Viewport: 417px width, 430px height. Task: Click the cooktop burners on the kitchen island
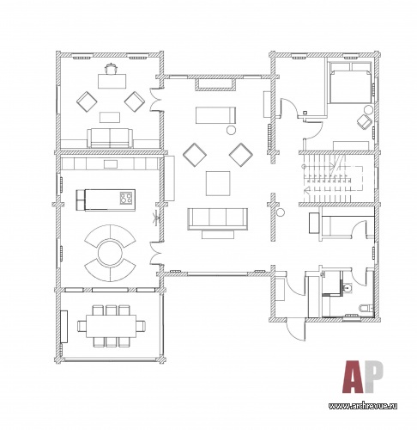click(x=126, y=198)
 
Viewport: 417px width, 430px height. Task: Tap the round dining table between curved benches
click(x=110, y=253)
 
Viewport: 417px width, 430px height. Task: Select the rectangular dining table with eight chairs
click(x=112, y=326)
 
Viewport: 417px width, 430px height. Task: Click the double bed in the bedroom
click(x=350, y=83)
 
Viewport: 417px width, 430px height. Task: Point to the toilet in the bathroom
click(x=366, y=308)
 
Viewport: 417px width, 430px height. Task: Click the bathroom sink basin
click(x=347, y=287)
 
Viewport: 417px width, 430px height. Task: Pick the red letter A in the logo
click(x=353, y=377)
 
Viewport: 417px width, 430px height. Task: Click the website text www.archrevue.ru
click(x=363, y=406)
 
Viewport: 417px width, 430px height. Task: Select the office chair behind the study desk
click(x=111, y=69)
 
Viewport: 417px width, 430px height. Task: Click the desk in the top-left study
click(x=112, y=81)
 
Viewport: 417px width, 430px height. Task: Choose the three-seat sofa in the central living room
click(x=217, y=218)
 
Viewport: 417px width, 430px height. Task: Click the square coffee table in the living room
click(x=218, y=183)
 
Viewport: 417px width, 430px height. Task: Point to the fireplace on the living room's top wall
click(x=215, y=85)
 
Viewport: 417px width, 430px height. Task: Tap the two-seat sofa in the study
click(x=110, y=138)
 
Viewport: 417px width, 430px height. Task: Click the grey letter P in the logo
click(x=373, y=377)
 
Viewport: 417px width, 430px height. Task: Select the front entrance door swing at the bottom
click(x=296, y=329)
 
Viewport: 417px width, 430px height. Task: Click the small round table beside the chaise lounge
click(x=231, y=131)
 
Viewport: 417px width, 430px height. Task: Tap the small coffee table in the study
click(x=110, y=117)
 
